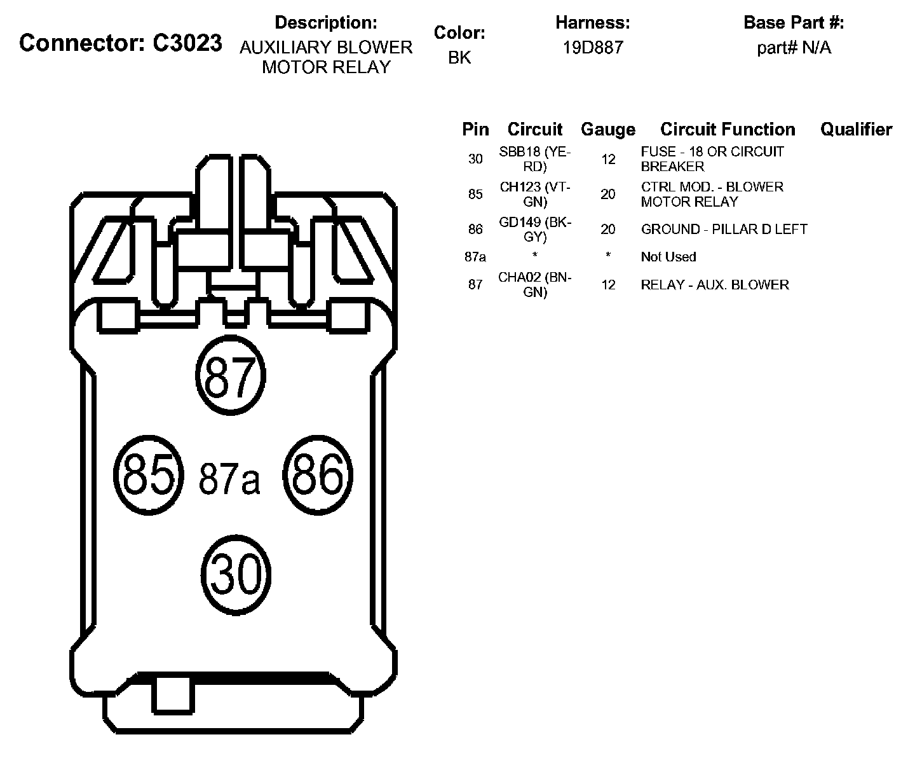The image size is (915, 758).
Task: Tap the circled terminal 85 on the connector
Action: (148, 475)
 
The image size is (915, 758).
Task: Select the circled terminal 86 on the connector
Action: (317, 475)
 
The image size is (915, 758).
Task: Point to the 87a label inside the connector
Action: (229, 479)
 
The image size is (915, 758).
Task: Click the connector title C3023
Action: (121, 43)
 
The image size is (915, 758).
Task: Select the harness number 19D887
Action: (592, 48)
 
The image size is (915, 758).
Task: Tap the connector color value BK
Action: (459, 57)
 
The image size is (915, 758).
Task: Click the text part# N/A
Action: (794, 48)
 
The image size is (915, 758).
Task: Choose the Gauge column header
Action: (608, 130)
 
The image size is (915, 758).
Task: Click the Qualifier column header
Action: (856, 130)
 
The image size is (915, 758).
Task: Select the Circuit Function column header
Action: (728, 130)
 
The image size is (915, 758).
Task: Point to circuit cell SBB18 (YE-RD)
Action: (535, 159)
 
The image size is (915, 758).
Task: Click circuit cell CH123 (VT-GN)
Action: (535, 194)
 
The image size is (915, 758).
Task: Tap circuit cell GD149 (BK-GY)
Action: (535, 229)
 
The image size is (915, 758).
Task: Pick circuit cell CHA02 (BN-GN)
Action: (535, 285)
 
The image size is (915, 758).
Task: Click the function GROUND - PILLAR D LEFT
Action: (724, 229)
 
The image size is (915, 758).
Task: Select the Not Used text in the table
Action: (668, 257)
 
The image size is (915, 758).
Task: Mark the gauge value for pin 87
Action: (608, 285)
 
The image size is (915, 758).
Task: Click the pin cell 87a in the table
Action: (475, 257)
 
